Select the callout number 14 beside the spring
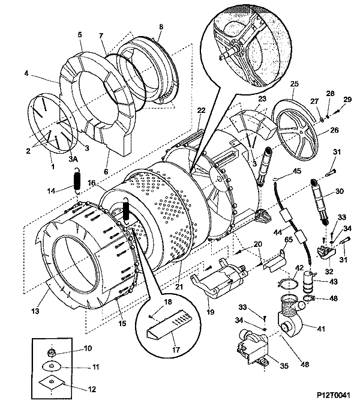[x=52, y=190]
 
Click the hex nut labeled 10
[x=52, y=349]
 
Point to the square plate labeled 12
[x=53, y=383]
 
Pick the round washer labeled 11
[x=53, y=366]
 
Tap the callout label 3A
[x=73, y=159]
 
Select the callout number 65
[x=287, y=240]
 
